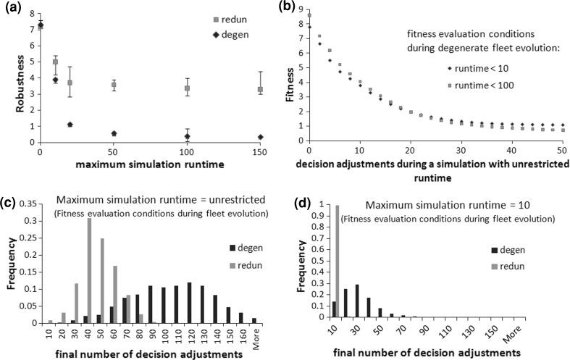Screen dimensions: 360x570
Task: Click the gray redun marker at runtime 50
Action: point(114,85)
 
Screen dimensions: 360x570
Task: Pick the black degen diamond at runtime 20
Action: point(70,125)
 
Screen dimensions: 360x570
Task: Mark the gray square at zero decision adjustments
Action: point(310,14)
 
